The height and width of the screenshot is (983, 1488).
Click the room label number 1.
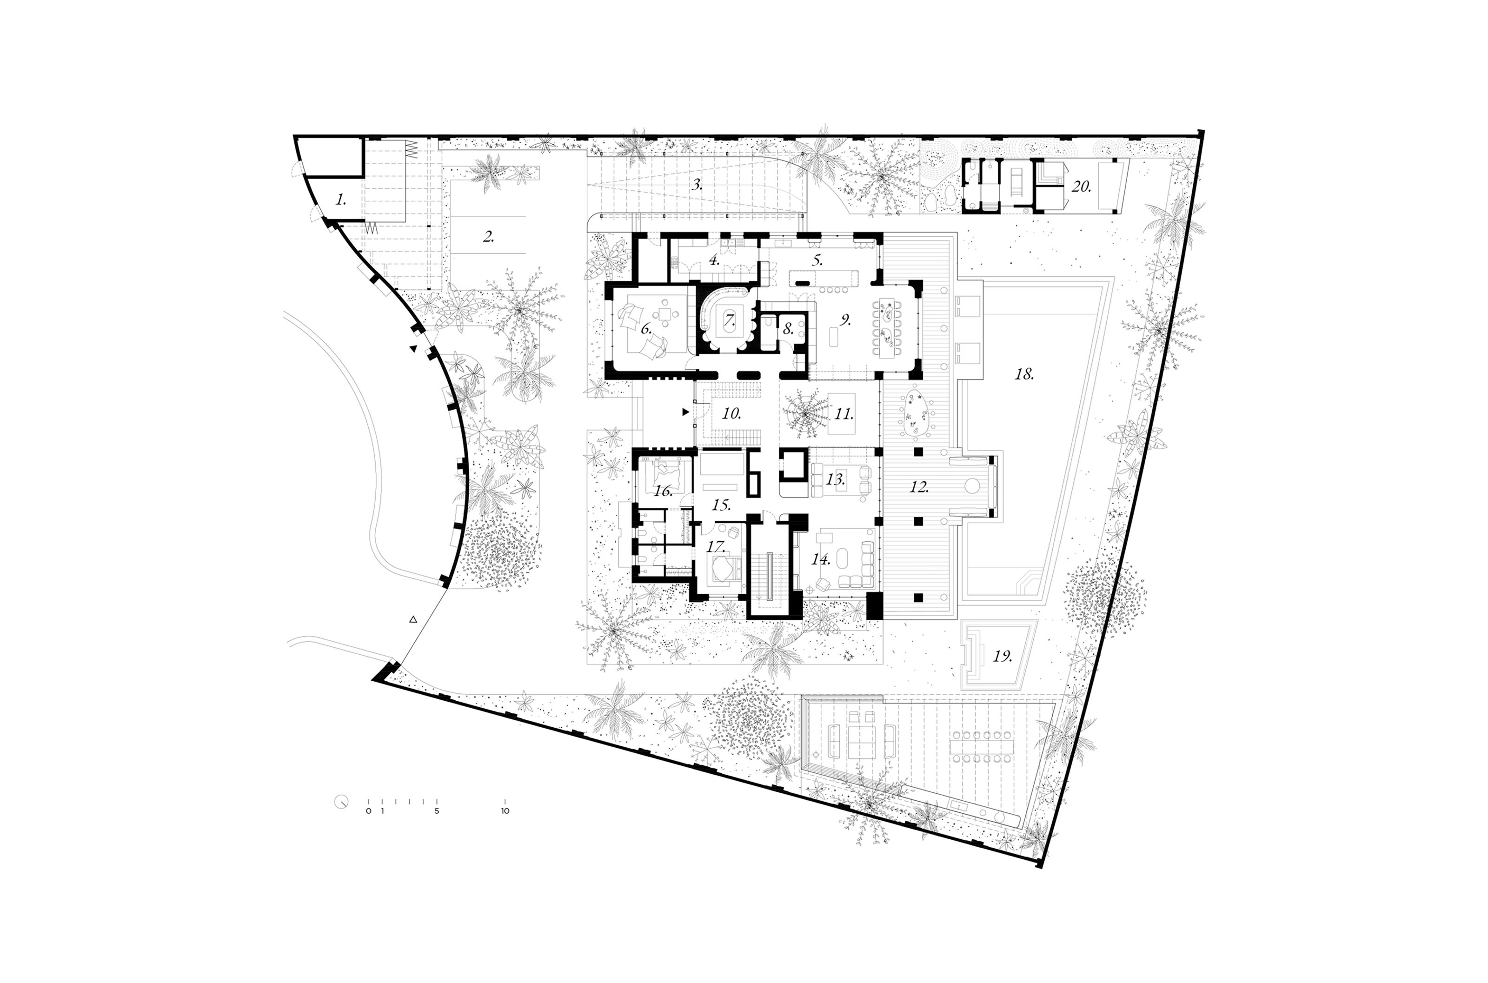(340, 200)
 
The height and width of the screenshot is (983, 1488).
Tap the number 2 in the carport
(488, 237)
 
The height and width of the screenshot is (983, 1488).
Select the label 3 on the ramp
(697, 185)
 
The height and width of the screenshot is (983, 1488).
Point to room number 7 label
(730, 320)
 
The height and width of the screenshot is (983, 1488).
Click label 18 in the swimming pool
(1024, 374)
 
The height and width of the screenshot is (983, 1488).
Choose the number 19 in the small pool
(1002, 657)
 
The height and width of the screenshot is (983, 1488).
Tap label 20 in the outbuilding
(1081, 186)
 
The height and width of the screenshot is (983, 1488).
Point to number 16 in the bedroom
(663, 491)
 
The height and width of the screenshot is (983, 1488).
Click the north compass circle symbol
(341, 802)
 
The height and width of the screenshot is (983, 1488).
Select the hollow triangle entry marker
(412, 619)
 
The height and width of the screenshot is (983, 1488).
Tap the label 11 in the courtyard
(844, 414)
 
